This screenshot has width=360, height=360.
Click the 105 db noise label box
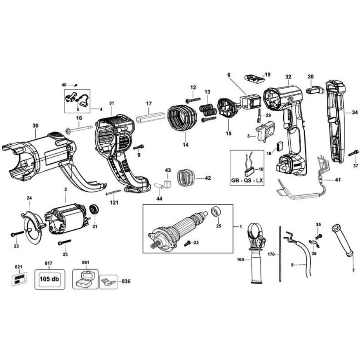[x=50, y=279]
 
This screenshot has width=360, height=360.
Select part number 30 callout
[x=35, y=126]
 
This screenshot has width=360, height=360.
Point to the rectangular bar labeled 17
[x=150, y=117]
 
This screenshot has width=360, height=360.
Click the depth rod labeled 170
[x=280, y=254]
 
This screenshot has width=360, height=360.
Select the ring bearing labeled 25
[x=216, y=212]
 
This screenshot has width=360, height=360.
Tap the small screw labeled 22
[x=187, y=244]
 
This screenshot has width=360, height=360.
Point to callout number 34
[x=355, y=113]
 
